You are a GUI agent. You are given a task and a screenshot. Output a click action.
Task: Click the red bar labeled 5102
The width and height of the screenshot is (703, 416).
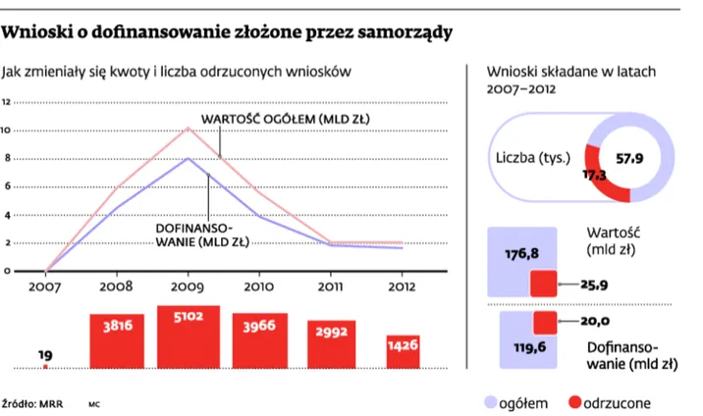click(x=189, y=338)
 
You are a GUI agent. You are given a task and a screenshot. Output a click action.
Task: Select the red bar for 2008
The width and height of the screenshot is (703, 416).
click(x=117, y=340)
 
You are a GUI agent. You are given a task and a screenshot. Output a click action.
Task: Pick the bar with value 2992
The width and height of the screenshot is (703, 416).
click(x=331, y=344)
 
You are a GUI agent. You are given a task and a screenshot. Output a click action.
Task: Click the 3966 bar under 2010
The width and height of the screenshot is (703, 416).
click(x=259, y=340)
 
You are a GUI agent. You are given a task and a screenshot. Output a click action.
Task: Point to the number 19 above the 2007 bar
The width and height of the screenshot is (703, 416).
click(x=46, y=354)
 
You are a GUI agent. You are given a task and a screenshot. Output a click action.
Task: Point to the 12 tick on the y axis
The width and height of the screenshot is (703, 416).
click(x=6, y=102)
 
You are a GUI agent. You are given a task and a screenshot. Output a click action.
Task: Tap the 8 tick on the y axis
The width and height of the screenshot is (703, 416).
click(x=6, y=158)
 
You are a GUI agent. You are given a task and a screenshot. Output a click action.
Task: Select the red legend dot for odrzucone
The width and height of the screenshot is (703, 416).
click(x=571, y=402)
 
